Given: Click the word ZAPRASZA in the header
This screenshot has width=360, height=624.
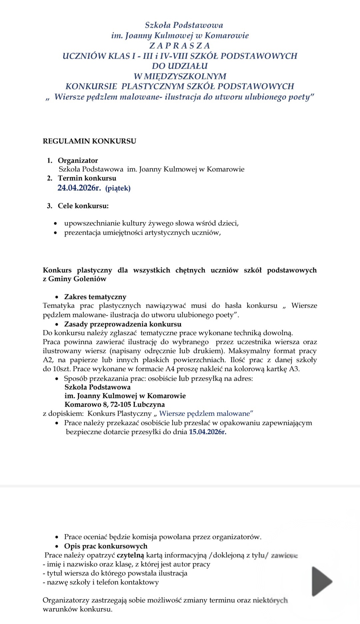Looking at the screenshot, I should coord(180,46).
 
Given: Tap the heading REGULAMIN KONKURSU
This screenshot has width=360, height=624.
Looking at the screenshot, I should coord(89,141).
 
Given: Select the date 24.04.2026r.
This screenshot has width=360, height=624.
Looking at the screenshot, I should coord(79,188).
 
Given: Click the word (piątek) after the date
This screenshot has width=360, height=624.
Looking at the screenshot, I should coord(118,188).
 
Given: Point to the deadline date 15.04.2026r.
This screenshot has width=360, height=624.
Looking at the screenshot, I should coord(207,432).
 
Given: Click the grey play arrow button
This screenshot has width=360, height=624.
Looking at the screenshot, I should coord(321,581).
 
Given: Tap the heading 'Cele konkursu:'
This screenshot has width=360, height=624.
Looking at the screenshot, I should coord(83,206).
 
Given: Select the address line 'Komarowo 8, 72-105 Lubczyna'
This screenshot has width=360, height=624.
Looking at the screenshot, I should coord(114,405).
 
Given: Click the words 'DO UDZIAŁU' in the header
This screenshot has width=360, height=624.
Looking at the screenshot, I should coord(180,66).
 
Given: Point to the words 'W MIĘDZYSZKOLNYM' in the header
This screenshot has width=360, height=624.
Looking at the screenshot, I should coord(180,76).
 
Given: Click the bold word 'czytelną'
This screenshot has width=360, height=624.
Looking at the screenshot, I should coord(130,555).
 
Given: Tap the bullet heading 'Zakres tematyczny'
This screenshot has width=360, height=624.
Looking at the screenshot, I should coord(95,297).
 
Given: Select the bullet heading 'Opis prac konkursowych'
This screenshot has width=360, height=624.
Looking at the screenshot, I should coord(106,546).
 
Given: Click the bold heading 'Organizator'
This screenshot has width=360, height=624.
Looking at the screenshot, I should coord(78,161).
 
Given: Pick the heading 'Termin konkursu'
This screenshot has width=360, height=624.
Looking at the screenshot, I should coord(87,178).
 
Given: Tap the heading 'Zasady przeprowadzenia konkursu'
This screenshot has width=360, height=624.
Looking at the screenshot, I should coord(123,324).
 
